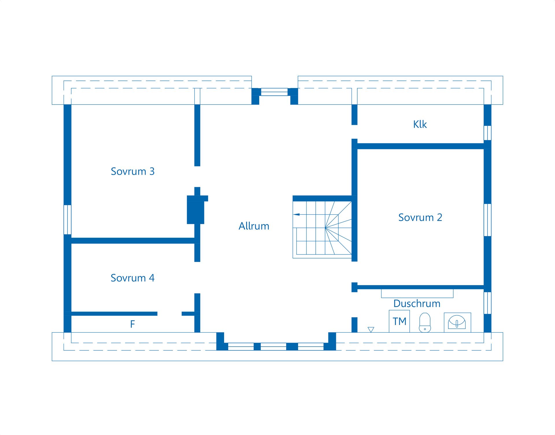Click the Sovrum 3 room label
133,171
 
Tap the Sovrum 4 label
133,278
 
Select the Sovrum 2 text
420,217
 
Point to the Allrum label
254,226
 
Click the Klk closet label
420,124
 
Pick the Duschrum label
417,304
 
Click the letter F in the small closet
132,324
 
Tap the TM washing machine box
399,321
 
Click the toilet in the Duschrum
425,323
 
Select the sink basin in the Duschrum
457,322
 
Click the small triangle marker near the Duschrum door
371,330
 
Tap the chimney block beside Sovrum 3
196,210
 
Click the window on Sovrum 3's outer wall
67,220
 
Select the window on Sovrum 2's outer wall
487,220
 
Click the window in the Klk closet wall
487,133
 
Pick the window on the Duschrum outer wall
487,303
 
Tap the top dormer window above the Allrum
274,92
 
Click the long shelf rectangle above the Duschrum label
417,293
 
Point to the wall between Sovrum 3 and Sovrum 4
133,241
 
